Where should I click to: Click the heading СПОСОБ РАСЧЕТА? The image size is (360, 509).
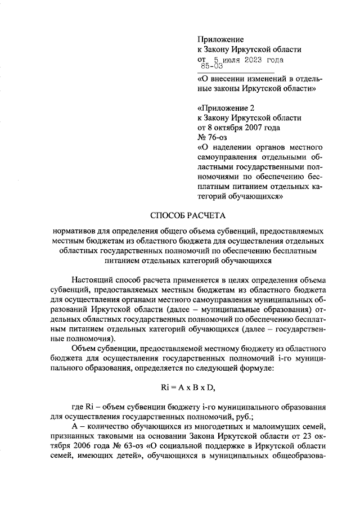pyautogui.click(x=179, y=215)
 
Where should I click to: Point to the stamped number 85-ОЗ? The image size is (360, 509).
pyautogui.click(x=213, y=67)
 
